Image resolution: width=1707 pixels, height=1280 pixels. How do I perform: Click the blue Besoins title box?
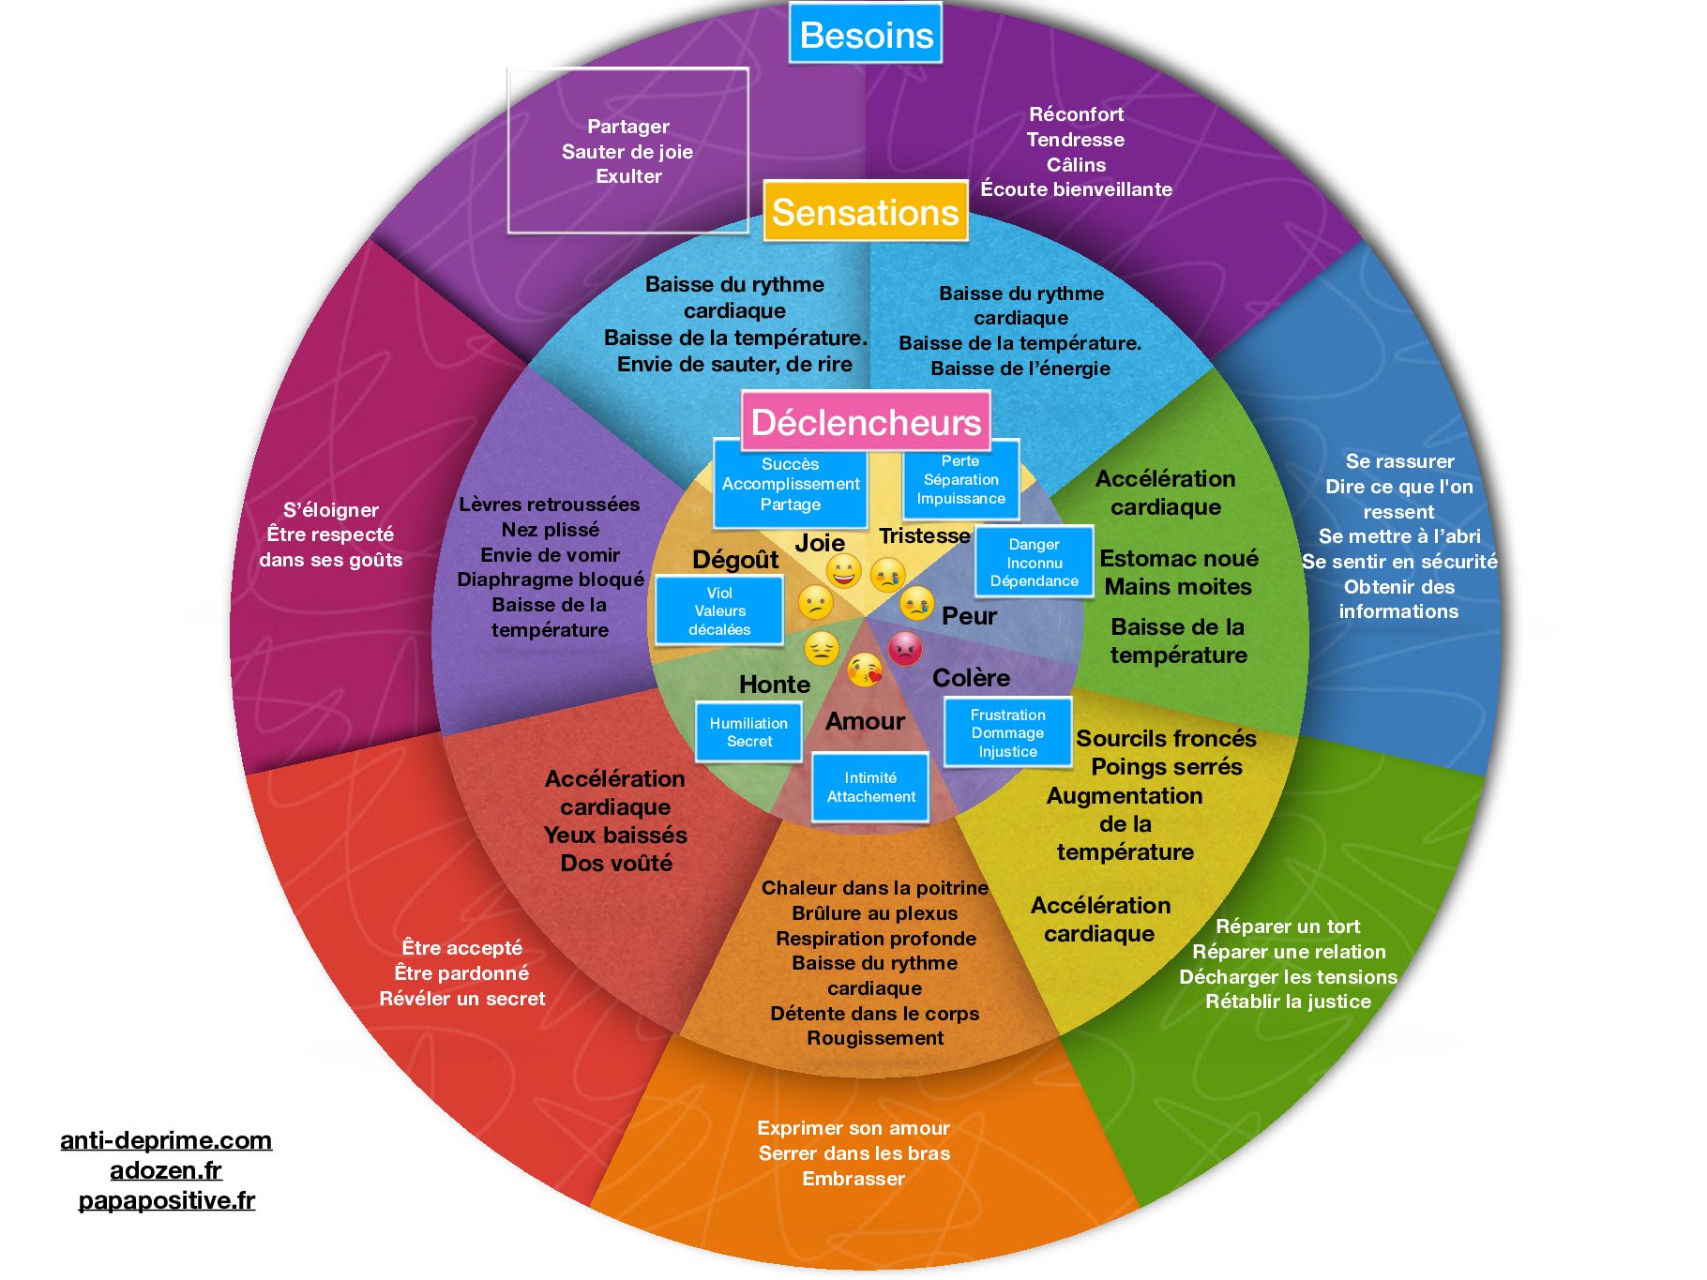pos(866,35)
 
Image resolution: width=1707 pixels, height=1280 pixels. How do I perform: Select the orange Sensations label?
pos(865,212)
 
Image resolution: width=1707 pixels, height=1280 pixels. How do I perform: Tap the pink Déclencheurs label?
pos(866,422)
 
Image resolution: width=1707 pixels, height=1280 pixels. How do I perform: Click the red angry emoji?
pos(905,648)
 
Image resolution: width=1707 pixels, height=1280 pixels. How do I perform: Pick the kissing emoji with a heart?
pos(865,670)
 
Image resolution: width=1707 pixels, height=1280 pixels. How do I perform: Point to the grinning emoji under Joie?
pos(843,570)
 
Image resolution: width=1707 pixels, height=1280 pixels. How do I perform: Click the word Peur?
pos(969,616)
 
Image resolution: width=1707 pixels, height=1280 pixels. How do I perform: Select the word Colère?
pos(971,678)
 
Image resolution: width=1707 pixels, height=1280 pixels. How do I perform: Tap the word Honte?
pos(774,685)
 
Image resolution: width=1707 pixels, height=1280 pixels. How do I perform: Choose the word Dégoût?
pos(735,560)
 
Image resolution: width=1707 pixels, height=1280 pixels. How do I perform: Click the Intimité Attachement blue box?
pos(870,787)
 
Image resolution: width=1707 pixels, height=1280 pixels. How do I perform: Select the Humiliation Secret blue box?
pos(748,732)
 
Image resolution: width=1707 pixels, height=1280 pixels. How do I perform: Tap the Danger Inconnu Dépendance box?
pos(1034,563)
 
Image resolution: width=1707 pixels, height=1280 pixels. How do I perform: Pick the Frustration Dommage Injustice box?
pos(1007,733)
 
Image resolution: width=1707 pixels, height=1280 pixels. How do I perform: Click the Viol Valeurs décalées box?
pos(719,611)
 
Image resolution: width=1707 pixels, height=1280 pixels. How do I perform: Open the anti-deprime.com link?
pos(166,1140)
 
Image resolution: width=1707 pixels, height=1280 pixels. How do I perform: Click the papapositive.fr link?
pos(166,1200)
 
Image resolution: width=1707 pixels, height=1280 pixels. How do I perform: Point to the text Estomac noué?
pos(1178,559)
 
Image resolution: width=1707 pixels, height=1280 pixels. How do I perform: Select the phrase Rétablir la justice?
pos(1288,1001)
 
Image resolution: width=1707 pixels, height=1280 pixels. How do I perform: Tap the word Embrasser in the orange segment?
pos(853,1179)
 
